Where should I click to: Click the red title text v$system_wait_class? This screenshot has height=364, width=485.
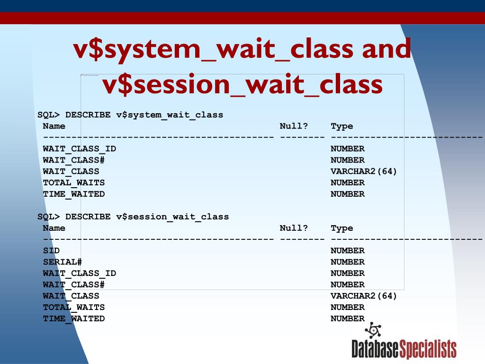[213, 49]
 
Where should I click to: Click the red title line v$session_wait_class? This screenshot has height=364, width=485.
[242, 85]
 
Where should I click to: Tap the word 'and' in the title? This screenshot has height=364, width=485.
[386, 49]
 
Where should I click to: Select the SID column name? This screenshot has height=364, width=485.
[51, 251]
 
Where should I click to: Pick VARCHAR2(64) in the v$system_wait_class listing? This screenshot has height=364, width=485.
[364, 171]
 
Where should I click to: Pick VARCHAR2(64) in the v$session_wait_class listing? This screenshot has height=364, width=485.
[364, 296]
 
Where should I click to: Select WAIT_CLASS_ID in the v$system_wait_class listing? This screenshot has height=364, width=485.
[79, 149]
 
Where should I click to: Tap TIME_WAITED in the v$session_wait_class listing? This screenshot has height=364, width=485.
[73, 318]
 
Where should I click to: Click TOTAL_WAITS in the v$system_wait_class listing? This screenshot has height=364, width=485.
[73, 182]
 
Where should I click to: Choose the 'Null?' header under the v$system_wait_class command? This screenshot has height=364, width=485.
[294, 126]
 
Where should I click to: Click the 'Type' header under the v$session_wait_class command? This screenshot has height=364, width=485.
[341, 228]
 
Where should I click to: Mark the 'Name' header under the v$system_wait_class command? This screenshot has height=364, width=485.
[54, 126]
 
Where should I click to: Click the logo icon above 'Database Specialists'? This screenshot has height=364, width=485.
[373, 330]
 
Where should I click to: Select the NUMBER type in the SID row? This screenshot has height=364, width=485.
[347, 251]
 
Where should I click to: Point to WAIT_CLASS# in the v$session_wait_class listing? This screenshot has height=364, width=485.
[73, 284]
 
